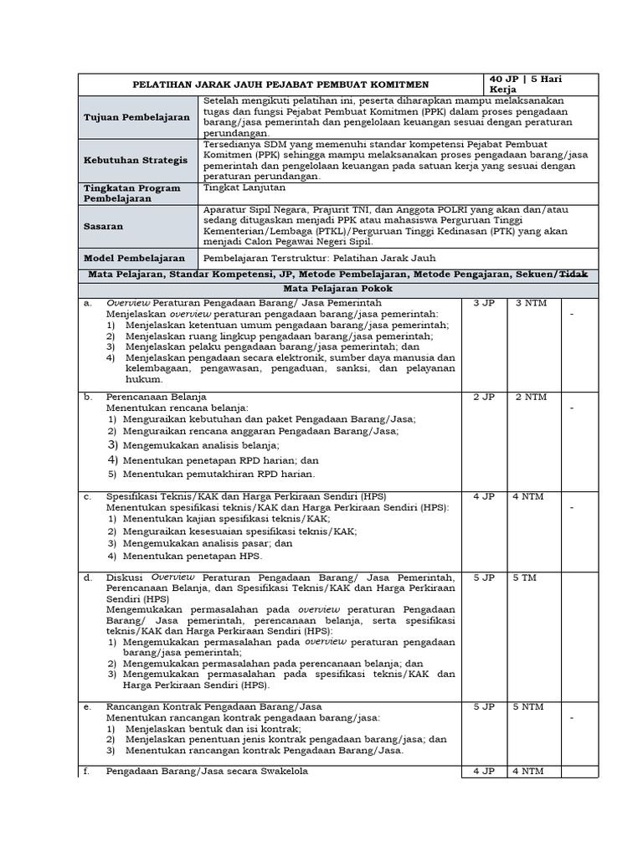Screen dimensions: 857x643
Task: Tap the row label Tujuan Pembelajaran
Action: pos(136,118)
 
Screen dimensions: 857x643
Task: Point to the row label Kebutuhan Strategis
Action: pos(136,159)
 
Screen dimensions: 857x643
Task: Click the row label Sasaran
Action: pos(108,226)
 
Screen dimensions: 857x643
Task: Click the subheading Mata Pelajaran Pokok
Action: pos(338,288)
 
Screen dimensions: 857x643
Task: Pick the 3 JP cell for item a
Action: pos(483,303)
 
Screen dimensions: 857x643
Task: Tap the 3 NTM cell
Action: pos(531,303)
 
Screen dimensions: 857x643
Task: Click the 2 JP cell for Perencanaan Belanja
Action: pos(483,397)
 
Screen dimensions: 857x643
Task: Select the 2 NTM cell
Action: pos(531,397)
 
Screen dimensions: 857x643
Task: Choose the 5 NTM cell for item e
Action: pos(531,706)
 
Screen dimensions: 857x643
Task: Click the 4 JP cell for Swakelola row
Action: pos(483,772)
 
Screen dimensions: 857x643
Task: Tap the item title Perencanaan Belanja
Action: pos(157,396)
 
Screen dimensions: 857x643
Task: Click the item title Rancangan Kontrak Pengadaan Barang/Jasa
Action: pos(213,706)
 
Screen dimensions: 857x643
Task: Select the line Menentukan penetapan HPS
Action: pos(192,556)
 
